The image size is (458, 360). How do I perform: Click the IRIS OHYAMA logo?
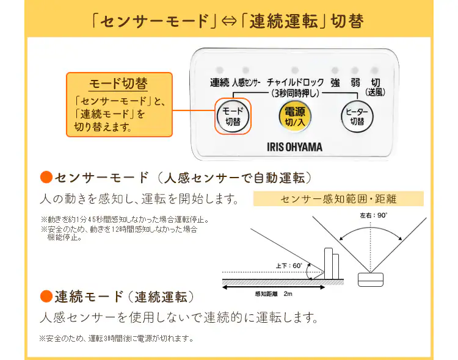pyautogui.click(x=295, y=146)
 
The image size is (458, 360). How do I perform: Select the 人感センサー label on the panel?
pyautogui.click(x=247, y=82)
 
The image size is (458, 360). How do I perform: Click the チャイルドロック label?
pyautogui.click(x=295, y=82)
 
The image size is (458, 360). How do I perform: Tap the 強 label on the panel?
pyautogui.click(x=335, y=82)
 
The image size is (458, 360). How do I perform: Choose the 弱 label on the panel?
pyautogui.click(x=355, y=82)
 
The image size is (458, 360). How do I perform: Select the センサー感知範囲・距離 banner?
pyautogui.click(x=338, y=199)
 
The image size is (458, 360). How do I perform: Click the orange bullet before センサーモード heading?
pyautogui.click(x=46, y=178)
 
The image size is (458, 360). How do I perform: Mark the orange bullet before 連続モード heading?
pyautogui.click(x=46, y=297)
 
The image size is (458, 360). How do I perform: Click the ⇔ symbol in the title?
pyautogui.click(x=230, y=21)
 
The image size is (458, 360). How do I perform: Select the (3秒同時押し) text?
pyautogui.click(x=295, y=93)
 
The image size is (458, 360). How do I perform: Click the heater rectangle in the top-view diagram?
pyautogui.click(x=371, y=278)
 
